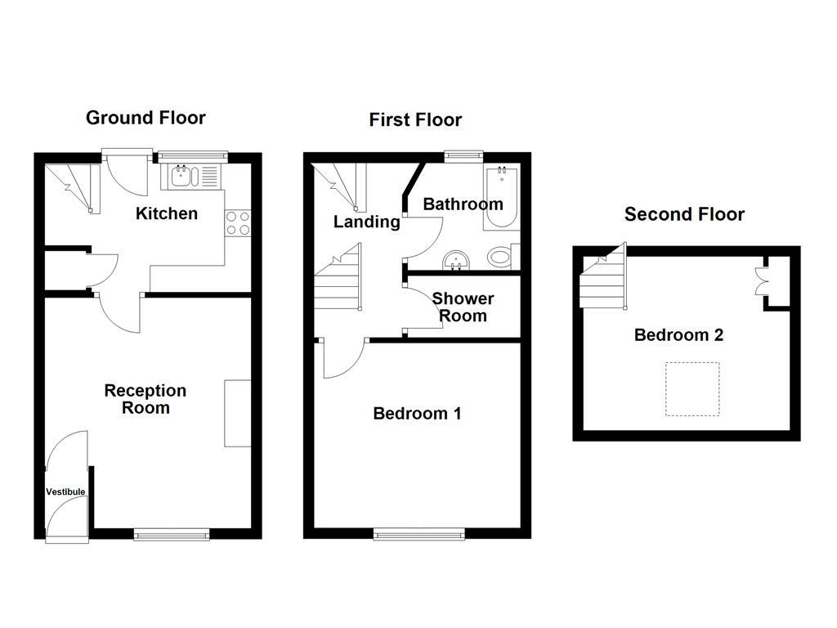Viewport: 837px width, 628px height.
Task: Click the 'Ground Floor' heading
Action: click(x=145, y=118)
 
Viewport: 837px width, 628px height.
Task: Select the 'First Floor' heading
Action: click(x=415, y=120)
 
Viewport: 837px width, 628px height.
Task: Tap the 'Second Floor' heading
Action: click(x=684, y=214)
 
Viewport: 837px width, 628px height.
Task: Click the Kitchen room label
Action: click(x=167, y=213)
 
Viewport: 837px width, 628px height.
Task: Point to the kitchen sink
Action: click(x=181, y=175)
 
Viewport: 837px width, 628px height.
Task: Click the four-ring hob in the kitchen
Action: click(x=238, y=223)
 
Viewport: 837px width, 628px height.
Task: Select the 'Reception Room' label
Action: click(x=145, y=399)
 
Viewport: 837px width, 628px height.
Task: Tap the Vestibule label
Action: click(x=65, y=491)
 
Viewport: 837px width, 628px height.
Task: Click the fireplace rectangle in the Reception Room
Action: click(x=238, y=413)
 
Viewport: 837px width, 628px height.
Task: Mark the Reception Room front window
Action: click(x=172, y=534)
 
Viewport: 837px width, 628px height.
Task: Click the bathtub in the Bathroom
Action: click(x=501, y=199)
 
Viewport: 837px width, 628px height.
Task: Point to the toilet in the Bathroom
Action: click(x=501, y=257)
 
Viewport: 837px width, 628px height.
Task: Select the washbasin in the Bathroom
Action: click(x=455, y=261)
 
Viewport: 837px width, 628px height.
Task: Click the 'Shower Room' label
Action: click(x=463, y=307)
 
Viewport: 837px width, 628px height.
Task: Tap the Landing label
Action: click(x=366, y=222)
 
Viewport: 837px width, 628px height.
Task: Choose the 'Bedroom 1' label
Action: click(x=417, y=414)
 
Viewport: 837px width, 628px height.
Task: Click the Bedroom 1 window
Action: click(x=419, y=534)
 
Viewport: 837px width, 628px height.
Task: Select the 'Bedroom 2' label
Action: click(x=678, y=335)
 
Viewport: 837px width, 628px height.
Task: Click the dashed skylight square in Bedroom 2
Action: click(x=692, y=388)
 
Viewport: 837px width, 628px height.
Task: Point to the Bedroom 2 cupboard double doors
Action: click(x=763, y=280)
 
